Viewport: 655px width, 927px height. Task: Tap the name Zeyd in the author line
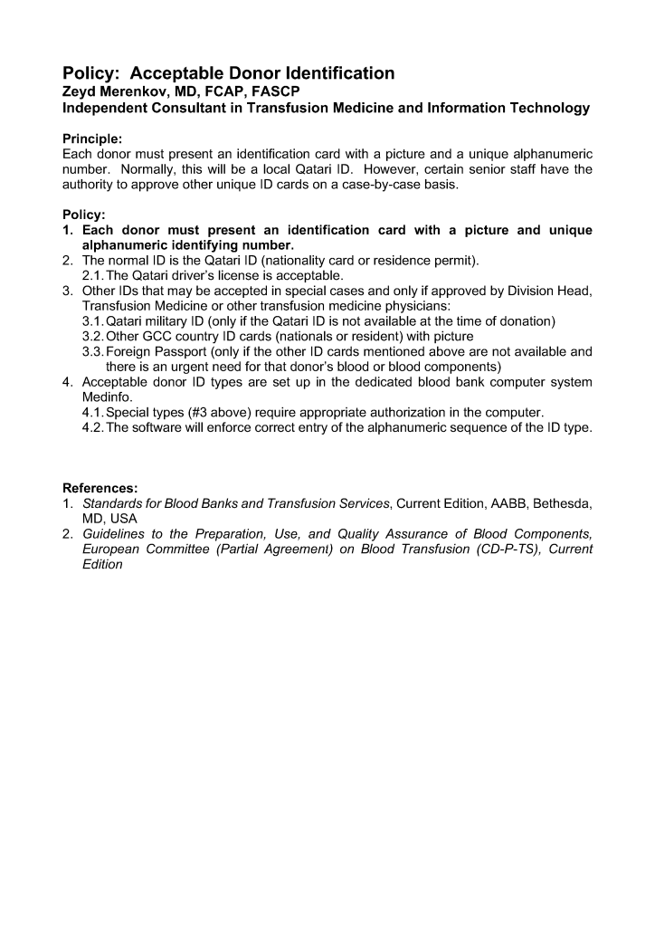[81, 91]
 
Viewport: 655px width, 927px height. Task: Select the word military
[176, 320]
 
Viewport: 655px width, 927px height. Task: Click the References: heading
[100, 488]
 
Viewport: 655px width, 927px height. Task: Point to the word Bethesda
[563, 503]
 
